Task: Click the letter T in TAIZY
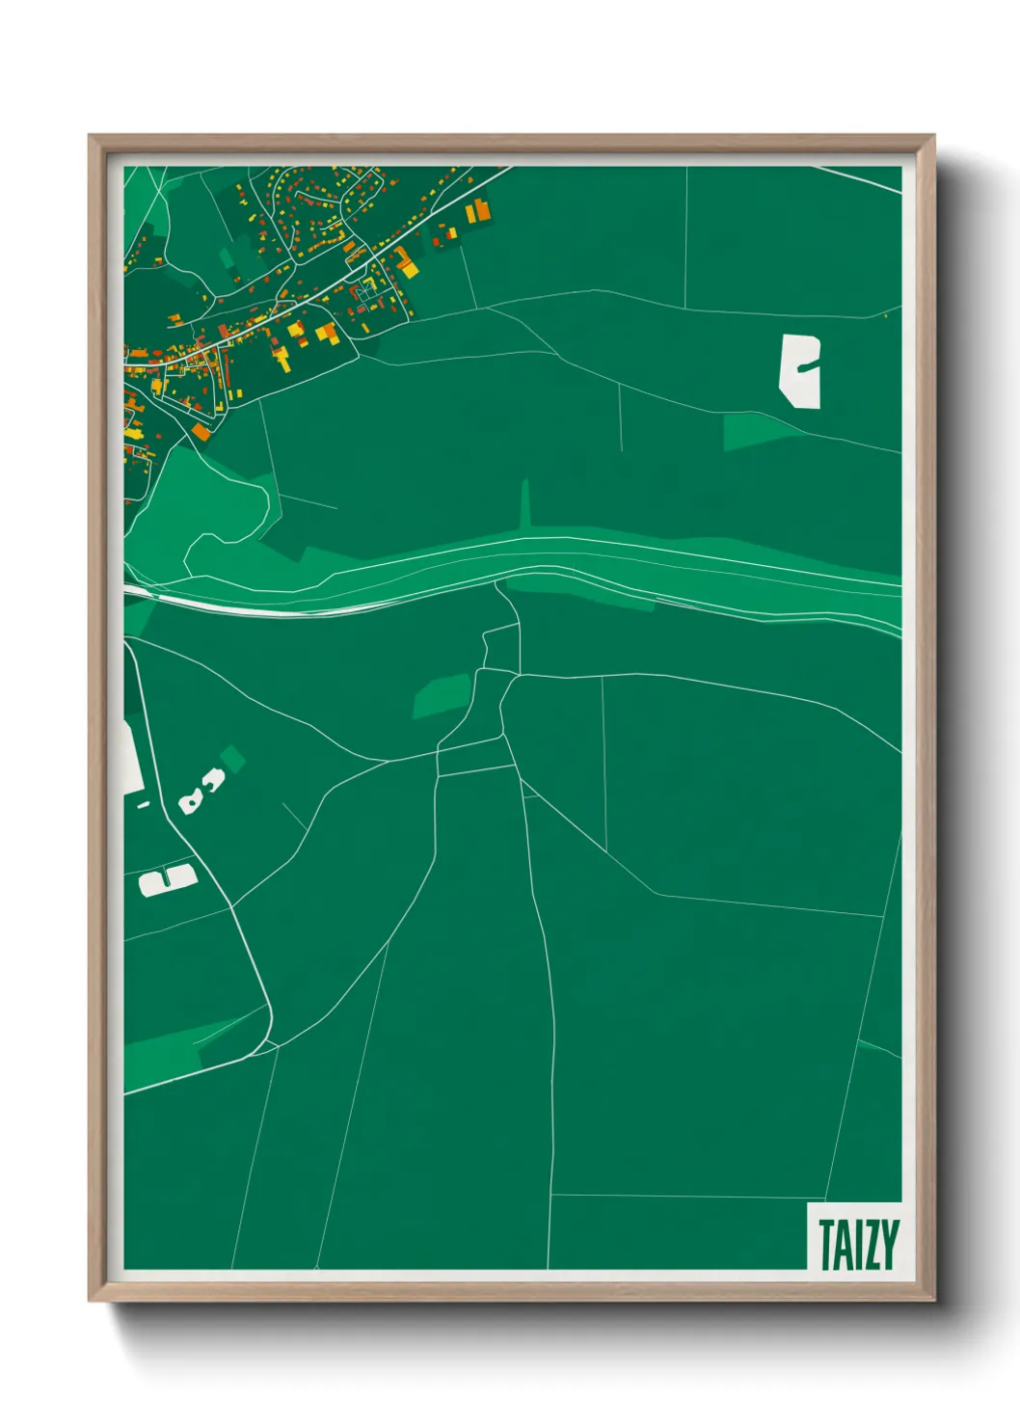(x=825, y=1245)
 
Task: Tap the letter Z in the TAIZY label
(x=867, y=1245)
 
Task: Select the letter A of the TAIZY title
(x=842, y=1245)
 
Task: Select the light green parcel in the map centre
(x=442, y=695)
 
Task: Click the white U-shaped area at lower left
(x=167, y=879)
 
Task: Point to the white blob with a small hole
(x=191, y=801)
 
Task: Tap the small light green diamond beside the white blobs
(x=232, y=758)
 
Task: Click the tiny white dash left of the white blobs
(x=144, y=804)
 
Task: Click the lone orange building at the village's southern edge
(x=201, y=432)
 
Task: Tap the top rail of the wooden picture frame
(x=511, y=143)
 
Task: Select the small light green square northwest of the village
(x=227, y=258)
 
